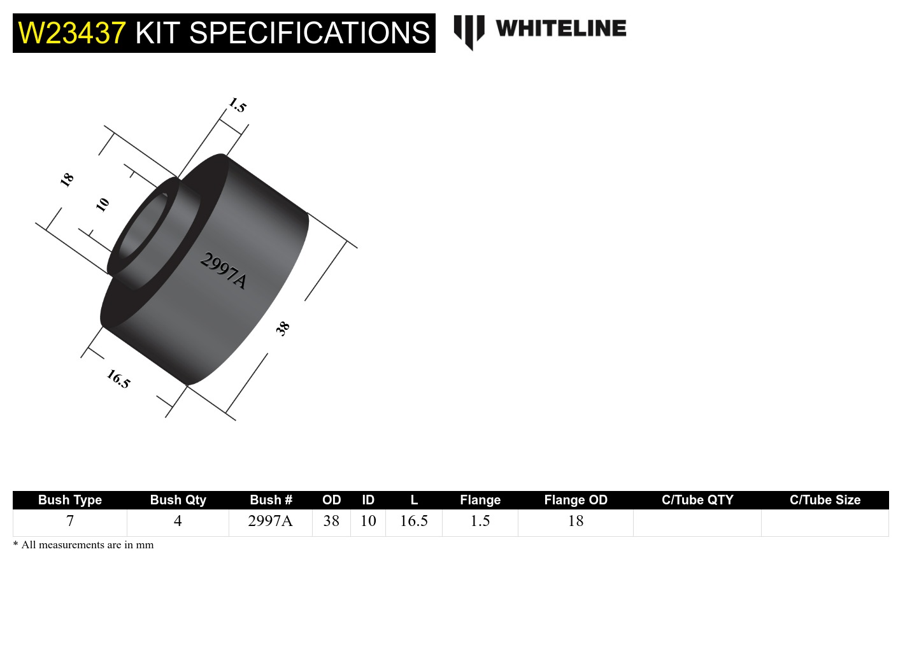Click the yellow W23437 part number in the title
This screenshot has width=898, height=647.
(72, 33)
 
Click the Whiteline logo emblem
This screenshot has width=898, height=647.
(469, 31)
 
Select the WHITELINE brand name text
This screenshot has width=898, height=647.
(561, 29)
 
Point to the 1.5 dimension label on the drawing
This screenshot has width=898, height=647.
(237, 105)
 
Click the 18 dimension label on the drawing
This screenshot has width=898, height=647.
(67, 180)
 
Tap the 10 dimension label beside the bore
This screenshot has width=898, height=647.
(103, 204)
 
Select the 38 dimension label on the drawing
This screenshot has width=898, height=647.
(283, 328)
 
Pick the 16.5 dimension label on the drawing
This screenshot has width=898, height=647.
(118, 379)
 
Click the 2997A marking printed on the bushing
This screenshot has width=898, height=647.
(223, 271)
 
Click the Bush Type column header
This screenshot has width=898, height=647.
(70, 500)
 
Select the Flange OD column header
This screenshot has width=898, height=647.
(576, 500)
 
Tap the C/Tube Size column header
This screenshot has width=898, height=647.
(825, 500)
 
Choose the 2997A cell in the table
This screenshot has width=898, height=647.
(270, 521)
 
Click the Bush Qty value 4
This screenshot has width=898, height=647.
(178, 521)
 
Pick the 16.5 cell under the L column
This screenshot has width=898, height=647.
(414, 521)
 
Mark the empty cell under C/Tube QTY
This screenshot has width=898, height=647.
(697, 522)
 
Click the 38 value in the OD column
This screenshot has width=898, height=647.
(331, 521)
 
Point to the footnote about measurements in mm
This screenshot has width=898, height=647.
(83, 545)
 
